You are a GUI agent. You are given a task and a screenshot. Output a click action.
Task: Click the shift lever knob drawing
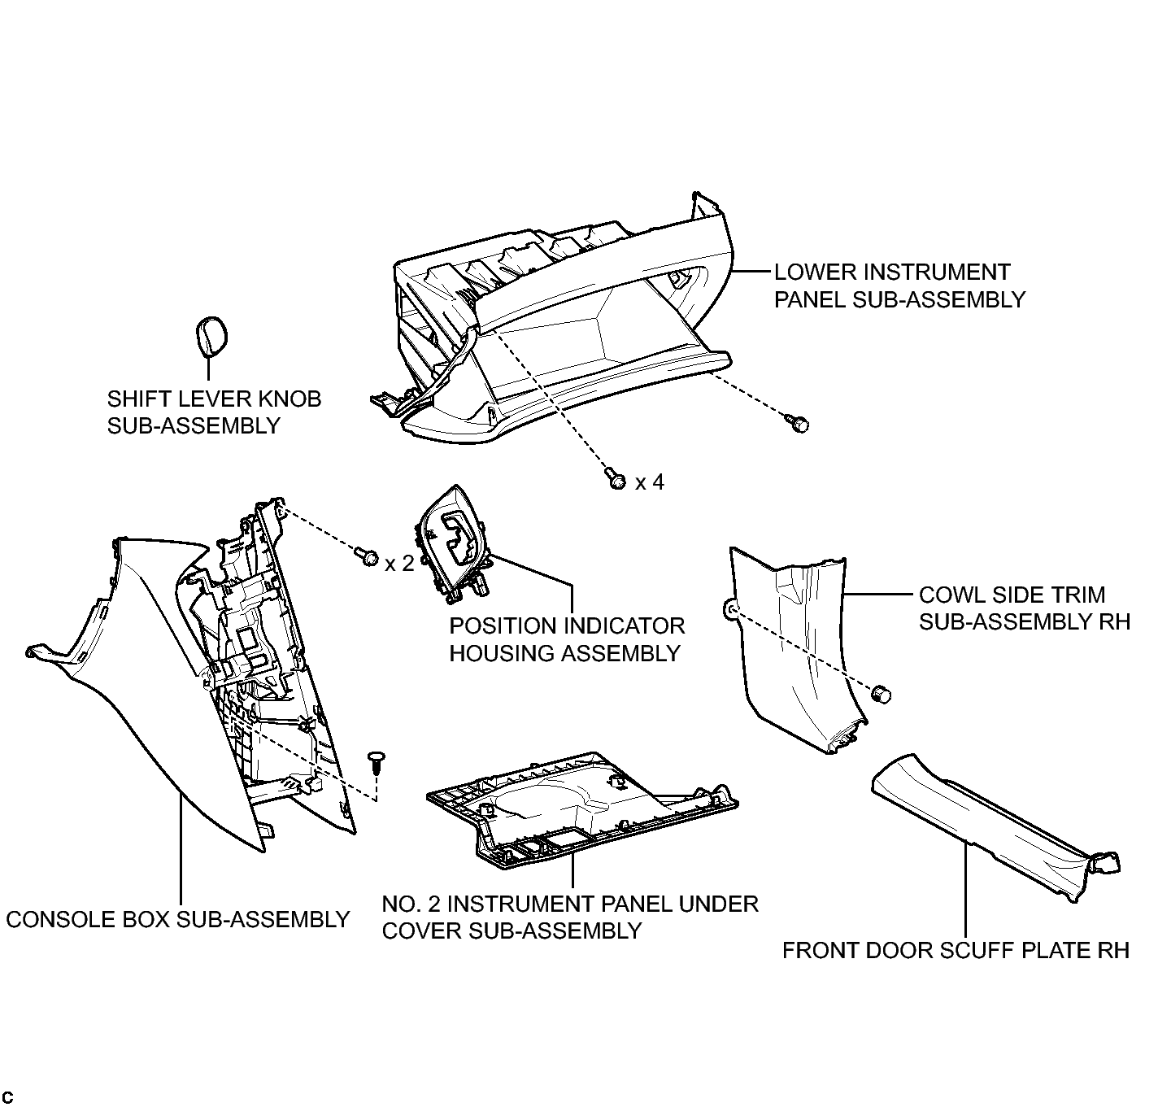[x=212, y=337]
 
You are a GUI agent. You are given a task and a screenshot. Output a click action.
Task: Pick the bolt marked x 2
[x=366, y=556]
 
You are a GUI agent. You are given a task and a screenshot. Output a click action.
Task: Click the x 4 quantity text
[x=650, y=482]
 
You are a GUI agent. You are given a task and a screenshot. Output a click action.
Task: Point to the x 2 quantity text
[x=399, y=563]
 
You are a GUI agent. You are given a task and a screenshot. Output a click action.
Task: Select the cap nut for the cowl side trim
[x=882, y=694]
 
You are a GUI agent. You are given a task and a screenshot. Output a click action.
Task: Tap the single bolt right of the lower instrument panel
[x=798, y=423]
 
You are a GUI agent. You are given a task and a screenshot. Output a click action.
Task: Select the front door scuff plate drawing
[x=995, y=827]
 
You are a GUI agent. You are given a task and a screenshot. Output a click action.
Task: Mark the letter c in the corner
[x=8, y=1096]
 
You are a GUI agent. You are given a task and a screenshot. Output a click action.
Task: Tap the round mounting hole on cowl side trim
[x=731, y=610]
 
